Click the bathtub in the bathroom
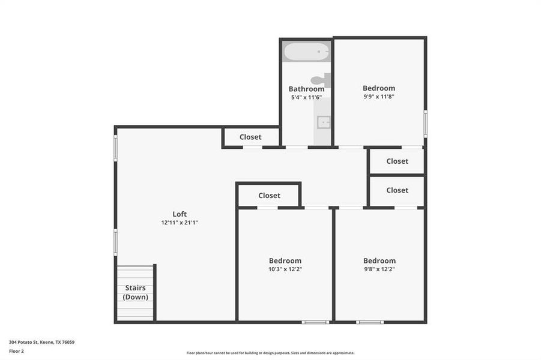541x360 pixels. [x=306, y=52]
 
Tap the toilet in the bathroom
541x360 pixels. [x=320, y=80]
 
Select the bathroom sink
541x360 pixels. [x=324, y=122]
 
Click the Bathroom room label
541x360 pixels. [x=306, y=89]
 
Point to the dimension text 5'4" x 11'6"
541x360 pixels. [x=306, y=97]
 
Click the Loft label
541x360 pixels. [x=180, y=214]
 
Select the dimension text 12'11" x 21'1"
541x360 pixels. [x=180, y=223]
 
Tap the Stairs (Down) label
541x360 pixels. [x=135, y=292]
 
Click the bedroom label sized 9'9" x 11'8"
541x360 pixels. [x=379, y=88]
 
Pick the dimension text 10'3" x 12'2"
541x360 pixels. [x=285, y=269]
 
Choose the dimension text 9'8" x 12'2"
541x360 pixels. [x=379, y=269]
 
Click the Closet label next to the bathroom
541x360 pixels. [x=250, y=137]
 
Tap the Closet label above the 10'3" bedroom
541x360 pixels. [x=269, y=196]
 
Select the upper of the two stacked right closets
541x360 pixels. [x=397, y=161]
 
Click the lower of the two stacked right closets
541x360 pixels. [x=397, y=190]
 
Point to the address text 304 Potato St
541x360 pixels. [x=41, y=342]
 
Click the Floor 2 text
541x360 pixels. [x=16, y=351]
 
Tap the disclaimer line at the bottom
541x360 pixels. [x=270, y=353]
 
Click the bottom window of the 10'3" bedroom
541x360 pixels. [x=315, y=322]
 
